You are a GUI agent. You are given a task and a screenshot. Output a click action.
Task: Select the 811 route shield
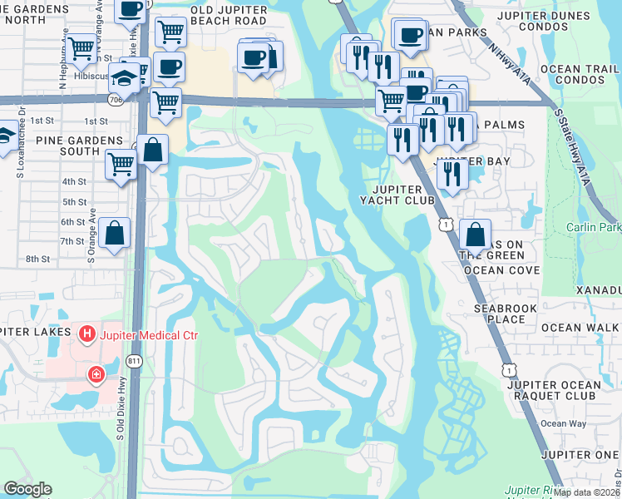click(134, 361)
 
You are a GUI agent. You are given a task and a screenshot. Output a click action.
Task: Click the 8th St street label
click(38, 259)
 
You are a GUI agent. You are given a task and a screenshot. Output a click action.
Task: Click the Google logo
click(27, 489)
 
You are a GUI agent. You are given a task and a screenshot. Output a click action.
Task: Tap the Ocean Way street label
click(564, 424)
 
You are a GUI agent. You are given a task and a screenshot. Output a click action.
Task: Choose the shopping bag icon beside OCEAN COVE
click(475, 235)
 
